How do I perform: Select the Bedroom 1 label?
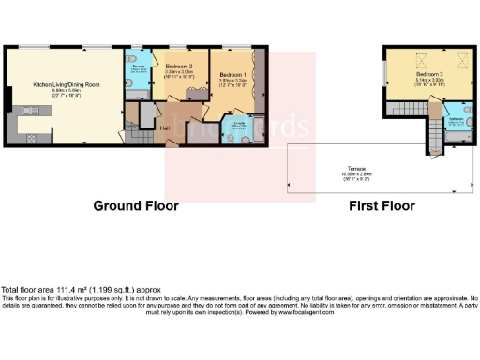click(233, 74)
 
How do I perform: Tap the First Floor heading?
click(382, 205)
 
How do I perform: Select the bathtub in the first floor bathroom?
click(458, 138)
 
